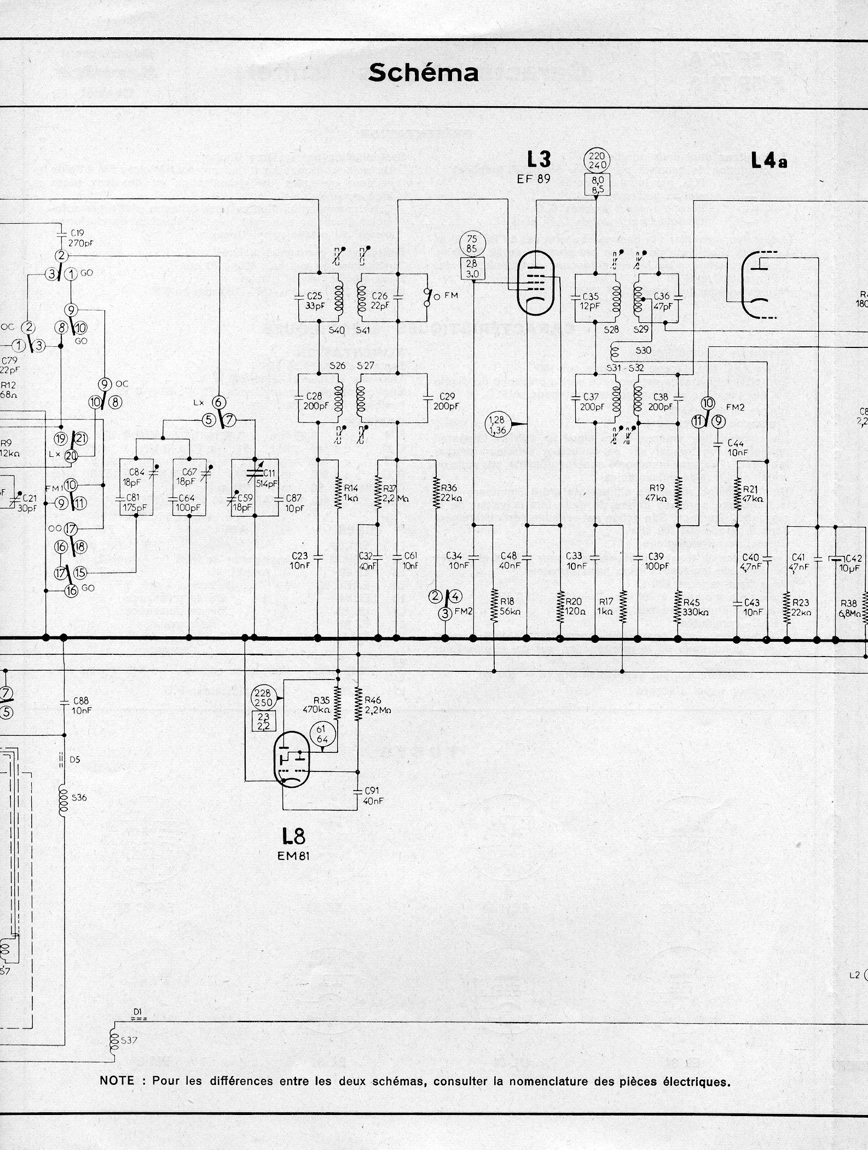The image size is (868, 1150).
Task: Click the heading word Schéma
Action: (424, 73)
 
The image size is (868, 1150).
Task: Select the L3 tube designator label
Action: (539, 160)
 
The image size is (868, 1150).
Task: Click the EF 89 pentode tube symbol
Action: (536, 282)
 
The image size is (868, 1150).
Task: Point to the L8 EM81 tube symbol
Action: (292, 759)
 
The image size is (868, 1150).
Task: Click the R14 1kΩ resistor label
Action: (350, 493)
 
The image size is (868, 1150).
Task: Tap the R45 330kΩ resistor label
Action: (695, 607)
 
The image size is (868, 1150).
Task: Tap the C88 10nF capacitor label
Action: (81, 705)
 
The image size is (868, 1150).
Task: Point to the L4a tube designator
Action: (769, 160)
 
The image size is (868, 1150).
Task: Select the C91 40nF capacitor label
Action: (374, 795)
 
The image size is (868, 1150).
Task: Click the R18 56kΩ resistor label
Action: (509, 607)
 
